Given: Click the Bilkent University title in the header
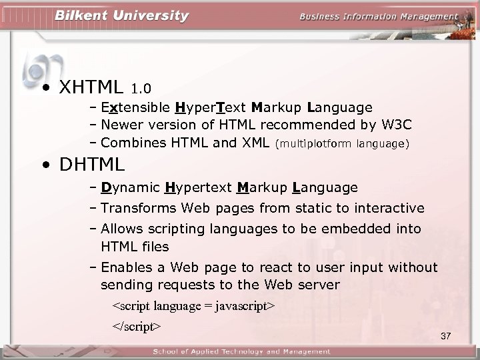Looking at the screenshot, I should pos(121,15).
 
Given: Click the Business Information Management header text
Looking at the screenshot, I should pos(379,17).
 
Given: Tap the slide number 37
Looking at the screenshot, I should pos(446,335).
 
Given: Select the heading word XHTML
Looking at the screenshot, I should pos(91,87).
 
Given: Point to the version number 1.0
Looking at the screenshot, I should pos(141,89).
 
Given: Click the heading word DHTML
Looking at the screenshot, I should pos(92,163).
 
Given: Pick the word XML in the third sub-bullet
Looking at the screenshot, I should pos(255,142).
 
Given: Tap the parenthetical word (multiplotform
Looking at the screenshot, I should pos(313,143).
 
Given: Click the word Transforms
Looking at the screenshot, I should pos(137,209).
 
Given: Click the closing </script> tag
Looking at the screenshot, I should pos(137,326).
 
